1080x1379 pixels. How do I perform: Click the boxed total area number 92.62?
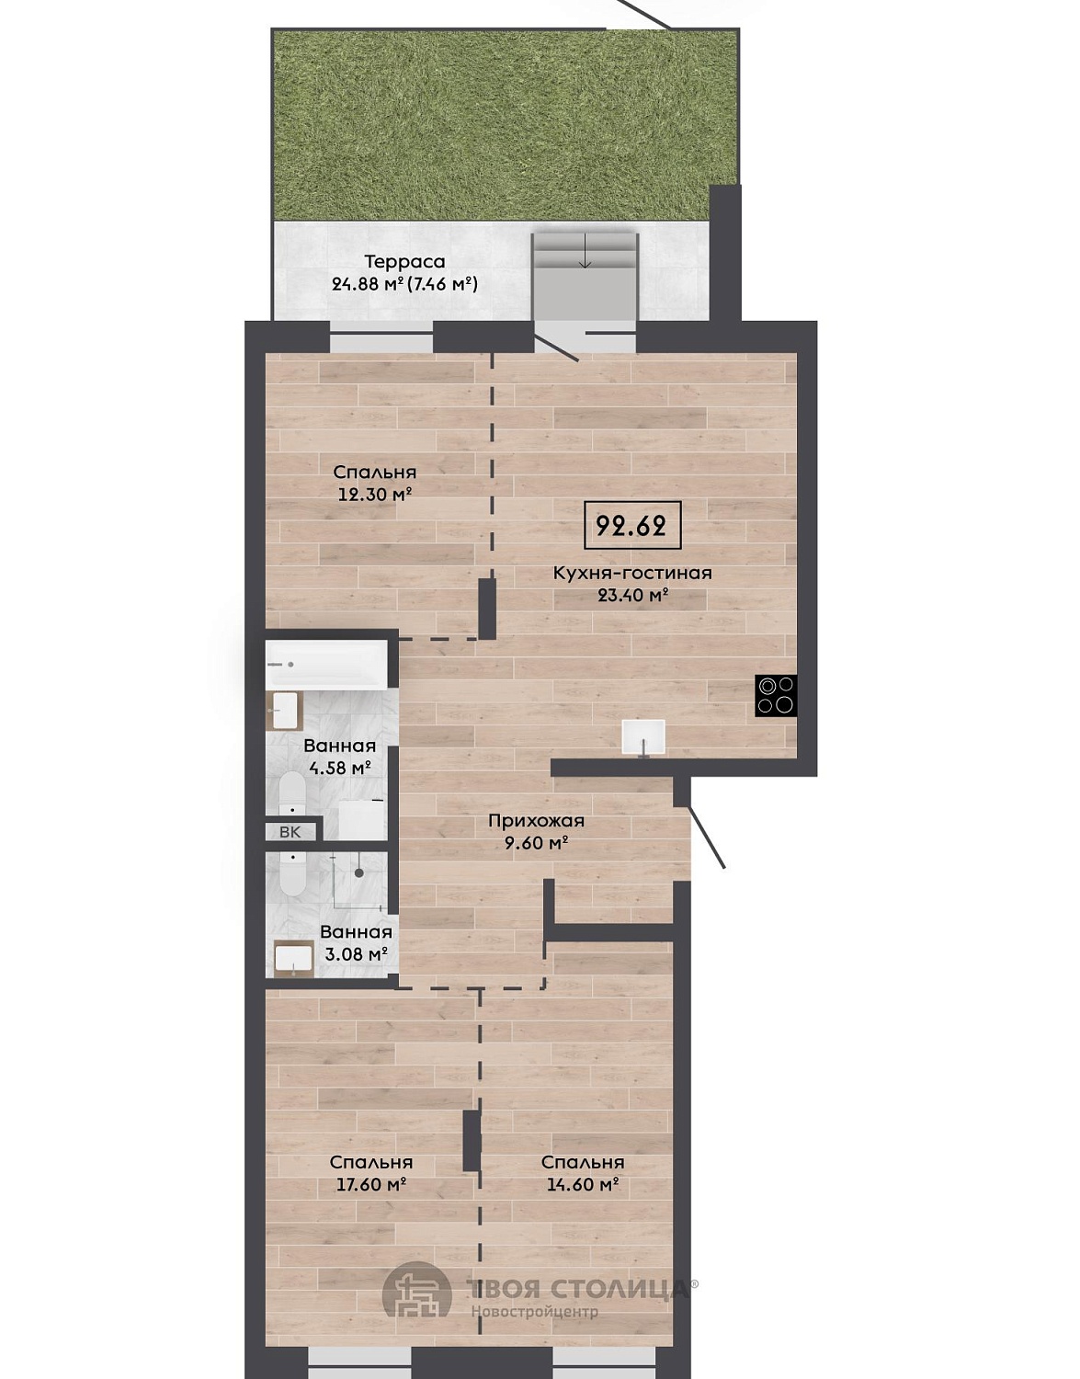[x=632, y=525]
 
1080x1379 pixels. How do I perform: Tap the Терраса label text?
[x=404, y=261]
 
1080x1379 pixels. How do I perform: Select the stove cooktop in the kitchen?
[x=776, y=696]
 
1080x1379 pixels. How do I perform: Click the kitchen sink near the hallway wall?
[x=643, y=737]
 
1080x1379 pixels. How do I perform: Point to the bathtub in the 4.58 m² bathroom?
[x=326, y=665]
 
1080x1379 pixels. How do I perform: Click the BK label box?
[x=290, y=832]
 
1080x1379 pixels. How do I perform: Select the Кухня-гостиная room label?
[x=632, y=573]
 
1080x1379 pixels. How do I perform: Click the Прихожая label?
[x=536, y=821]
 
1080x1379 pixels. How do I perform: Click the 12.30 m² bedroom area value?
[x=375, y=494]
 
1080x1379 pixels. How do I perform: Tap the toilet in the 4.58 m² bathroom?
[x=292, y=792]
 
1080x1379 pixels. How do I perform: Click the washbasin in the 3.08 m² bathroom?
[x=294, y=958]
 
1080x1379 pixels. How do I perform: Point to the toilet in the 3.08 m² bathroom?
[x=292, y=872]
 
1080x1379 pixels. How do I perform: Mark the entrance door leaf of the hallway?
[x=707, y=837]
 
